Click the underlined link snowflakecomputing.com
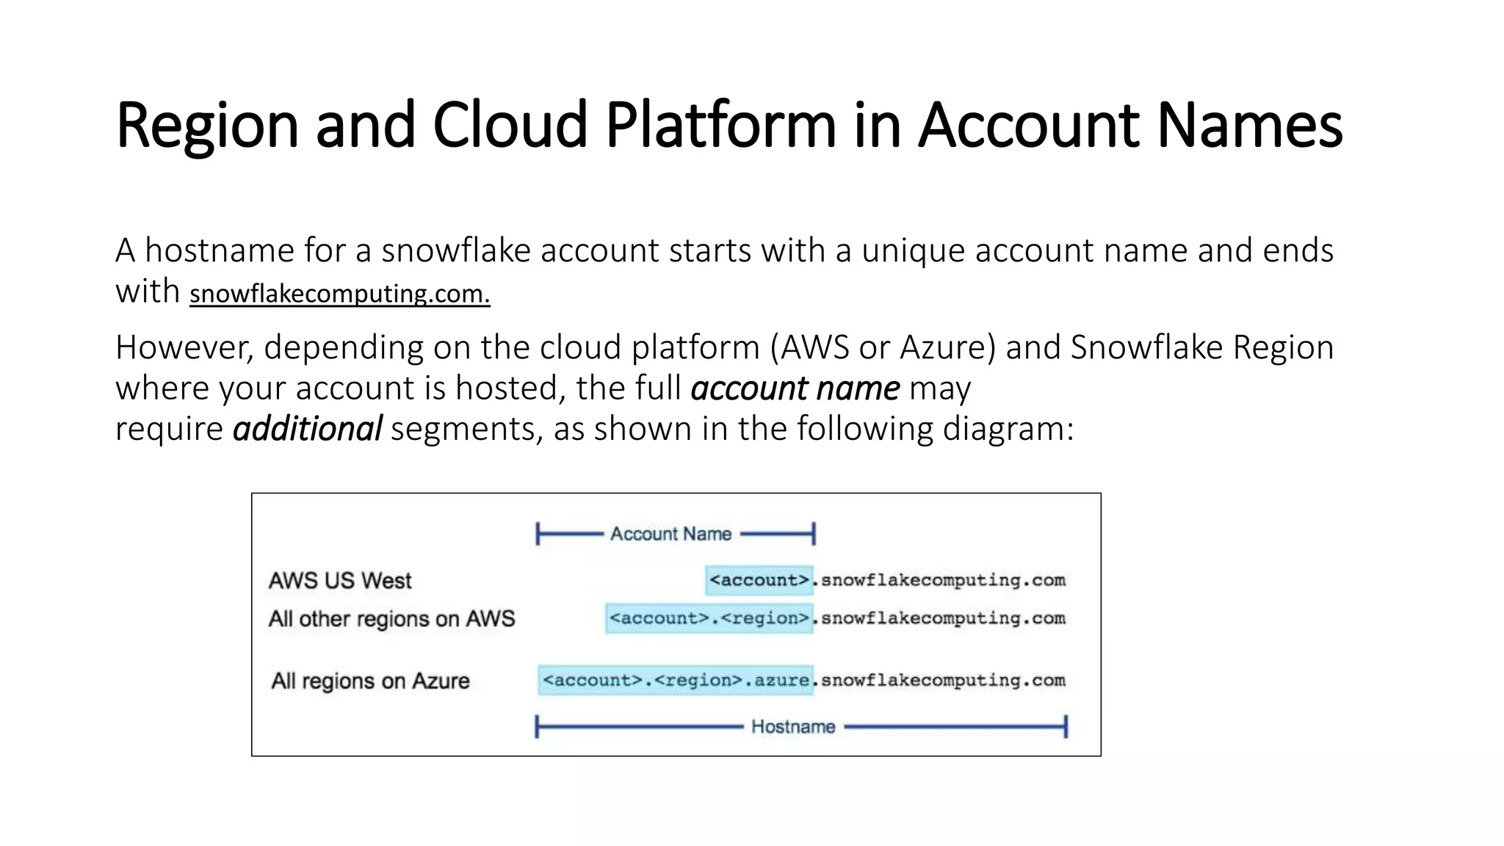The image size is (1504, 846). click(339, 294)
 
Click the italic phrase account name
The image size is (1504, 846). click(795, 388)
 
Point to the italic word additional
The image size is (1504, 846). click(307, 429)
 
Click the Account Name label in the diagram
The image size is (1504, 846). click(670, 534)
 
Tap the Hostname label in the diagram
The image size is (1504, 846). click(793, 727)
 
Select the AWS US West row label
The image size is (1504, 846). click(340, 581)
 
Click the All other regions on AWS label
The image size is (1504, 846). click(391, 619)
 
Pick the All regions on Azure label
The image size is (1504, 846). click(370, 681)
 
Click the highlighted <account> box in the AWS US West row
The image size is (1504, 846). click(759, 580)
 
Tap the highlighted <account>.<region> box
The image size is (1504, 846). click(709, 618)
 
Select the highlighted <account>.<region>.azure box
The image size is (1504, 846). click(676, 680)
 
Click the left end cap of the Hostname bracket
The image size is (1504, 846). click(537, 727)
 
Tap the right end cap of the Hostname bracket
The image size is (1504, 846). click(1066, 727)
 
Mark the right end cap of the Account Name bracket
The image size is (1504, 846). click(814, 534)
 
